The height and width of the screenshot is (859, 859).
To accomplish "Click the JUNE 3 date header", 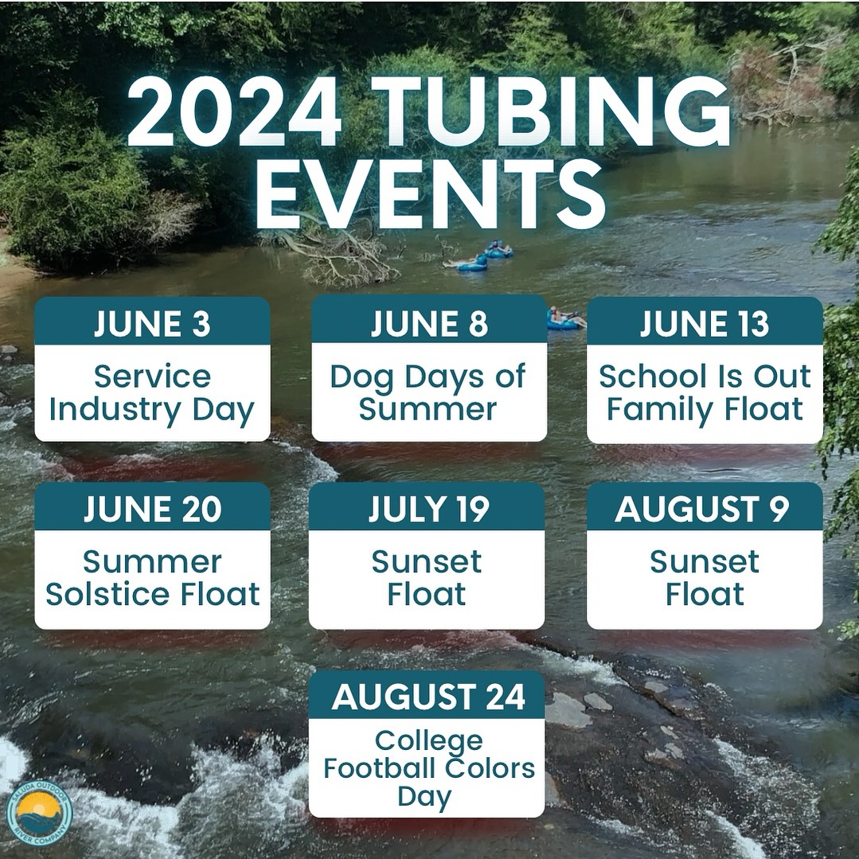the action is click(x=152, y=323).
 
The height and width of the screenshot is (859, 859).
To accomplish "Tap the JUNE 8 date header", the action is click(x=429, y=323).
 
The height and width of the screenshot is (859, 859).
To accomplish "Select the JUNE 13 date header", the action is click(x=705, y=323).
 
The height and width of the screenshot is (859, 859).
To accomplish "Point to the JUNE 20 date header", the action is click(x=152, y=509).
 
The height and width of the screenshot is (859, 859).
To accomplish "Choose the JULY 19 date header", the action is click(x=428, y=509).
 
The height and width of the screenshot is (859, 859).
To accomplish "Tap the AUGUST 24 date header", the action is click(x=428, y=697).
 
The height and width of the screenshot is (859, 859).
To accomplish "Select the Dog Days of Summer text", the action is click(x=428, y=392).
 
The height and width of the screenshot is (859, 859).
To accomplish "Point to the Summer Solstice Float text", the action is click(x=152, y=578).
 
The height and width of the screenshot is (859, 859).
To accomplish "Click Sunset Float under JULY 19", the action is click(x=427, y=578).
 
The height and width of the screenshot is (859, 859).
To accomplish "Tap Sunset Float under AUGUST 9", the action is click(x=705, y=578).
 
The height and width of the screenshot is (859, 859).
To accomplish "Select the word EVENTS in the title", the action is click(x=430, y=193).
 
